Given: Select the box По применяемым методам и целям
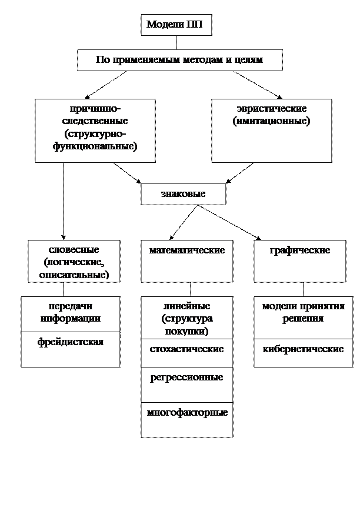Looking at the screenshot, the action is [179, 60].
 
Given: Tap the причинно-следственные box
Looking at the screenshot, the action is [95, 130].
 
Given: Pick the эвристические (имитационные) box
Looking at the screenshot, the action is [271, 130].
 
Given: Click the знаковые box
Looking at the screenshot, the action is [183, 194].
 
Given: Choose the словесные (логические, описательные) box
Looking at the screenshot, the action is [74, 261].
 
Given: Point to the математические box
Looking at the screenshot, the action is [187, 261].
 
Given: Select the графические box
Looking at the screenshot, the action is [299, 261].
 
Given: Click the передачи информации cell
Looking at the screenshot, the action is [71, 314].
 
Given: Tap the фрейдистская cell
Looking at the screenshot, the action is [71, 349].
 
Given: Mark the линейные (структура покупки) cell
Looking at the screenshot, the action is [186, 320].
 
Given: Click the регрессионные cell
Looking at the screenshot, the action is [186, 385].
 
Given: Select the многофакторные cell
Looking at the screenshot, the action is [186, 419].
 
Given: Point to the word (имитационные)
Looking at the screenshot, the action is [271, 121].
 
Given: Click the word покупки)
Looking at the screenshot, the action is [186, 331].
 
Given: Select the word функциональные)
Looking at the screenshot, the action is [95, 146].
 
